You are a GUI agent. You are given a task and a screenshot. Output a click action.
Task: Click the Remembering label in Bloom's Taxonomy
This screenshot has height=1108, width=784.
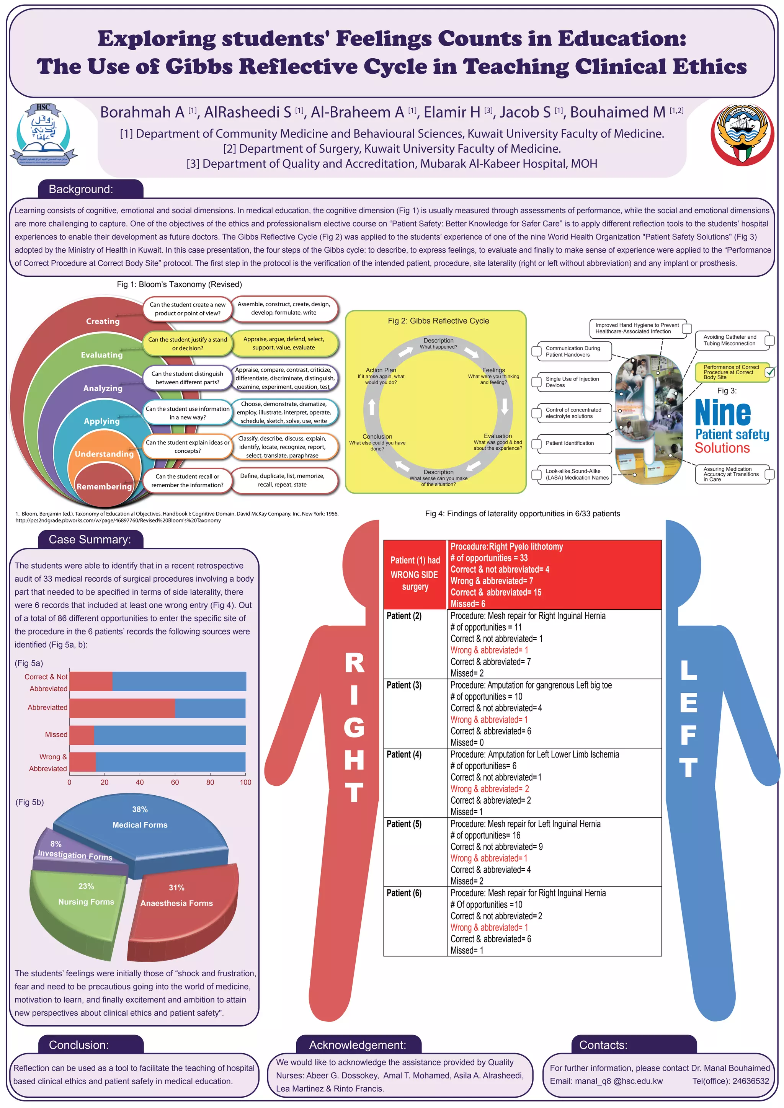pos(104,486)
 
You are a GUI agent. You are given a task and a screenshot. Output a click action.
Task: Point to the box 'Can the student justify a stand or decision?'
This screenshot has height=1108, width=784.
pos(187,344)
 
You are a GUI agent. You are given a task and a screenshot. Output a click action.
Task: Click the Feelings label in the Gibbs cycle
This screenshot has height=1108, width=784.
pos(493,370)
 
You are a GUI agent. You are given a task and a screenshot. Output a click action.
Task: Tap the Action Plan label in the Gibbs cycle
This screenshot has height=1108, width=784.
pos(381,370)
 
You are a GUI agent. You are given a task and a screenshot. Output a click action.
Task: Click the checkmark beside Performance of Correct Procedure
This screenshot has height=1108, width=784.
pos(770,372)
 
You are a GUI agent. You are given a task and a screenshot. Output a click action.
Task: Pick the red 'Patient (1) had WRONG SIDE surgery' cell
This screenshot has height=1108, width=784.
pos(415,574)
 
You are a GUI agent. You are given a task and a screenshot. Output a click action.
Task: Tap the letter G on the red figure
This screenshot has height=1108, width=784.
pos(354,728)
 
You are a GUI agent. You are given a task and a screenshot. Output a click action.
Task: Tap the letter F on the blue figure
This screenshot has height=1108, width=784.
pos(688,734)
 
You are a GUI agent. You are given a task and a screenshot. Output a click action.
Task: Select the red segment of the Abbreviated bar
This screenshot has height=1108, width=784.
pos(122,708)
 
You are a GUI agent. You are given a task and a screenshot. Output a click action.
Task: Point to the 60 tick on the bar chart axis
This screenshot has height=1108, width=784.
pos(175,782)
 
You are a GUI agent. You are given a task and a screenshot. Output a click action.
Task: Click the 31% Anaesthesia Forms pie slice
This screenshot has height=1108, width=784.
pos(183,907)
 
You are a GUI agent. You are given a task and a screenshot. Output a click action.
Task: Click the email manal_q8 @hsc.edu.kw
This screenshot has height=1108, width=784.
pos(606,1081)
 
